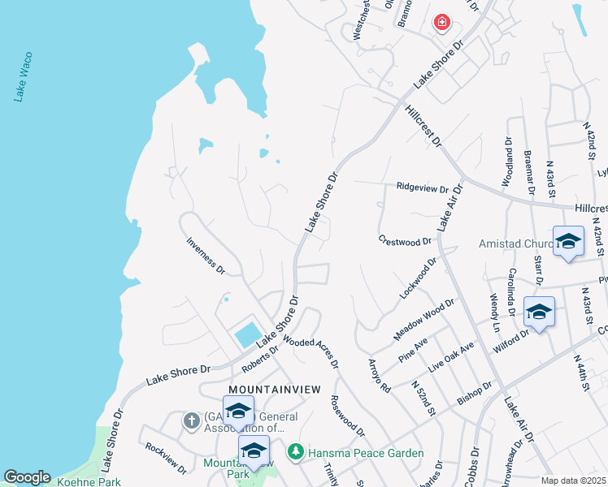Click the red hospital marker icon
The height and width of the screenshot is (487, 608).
click(442, 23)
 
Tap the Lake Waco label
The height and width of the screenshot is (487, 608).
click(23, 80)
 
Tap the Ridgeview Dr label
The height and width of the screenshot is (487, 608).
click(423, 187)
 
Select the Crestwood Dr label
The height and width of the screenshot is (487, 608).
click(405, 241)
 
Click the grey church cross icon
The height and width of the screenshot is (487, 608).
click(191, 420)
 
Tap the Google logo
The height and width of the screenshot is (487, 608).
click(27, 477)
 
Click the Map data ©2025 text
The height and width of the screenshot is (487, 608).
click(572, 481)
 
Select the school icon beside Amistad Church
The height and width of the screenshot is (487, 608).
click(568, 241)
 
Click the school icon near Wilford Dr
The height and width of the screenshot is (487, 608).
click(539, 312)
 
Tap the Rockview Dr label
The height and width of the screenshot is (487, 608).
click(166, 457)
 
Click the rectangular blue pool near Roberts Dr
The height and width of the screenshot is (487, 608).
click(248, 334)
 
